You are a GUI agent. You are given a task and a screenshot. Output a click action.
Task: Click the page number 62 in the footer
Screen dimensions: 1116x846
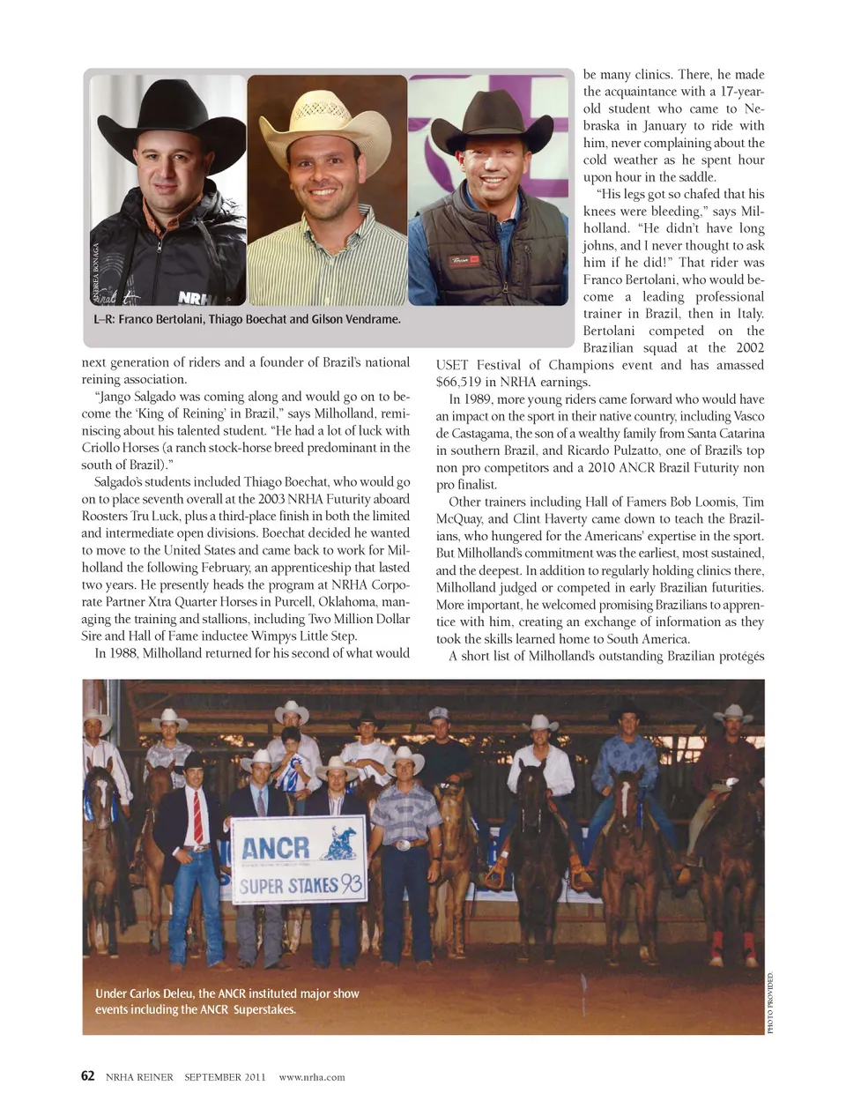pos(87,1075)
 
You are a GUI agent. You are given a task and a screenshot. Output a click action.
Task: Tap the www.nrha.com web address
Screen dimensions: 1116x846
pos(312,1076)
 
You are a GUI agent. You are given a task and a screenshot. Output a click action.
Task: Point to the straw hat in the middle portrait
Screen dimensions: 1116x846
pos(325,118)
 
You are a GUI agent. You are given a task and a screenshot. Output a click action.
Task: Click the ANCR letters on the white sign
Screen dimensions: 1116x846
pos(276,848)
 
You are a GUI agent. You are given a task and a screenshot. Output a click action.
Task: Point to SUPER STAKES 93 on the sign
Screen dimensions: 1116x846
pos(300,884)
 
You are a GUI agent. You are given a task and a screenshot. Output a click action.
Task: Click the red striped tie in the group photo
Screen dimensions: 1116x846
pos(198,816)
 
